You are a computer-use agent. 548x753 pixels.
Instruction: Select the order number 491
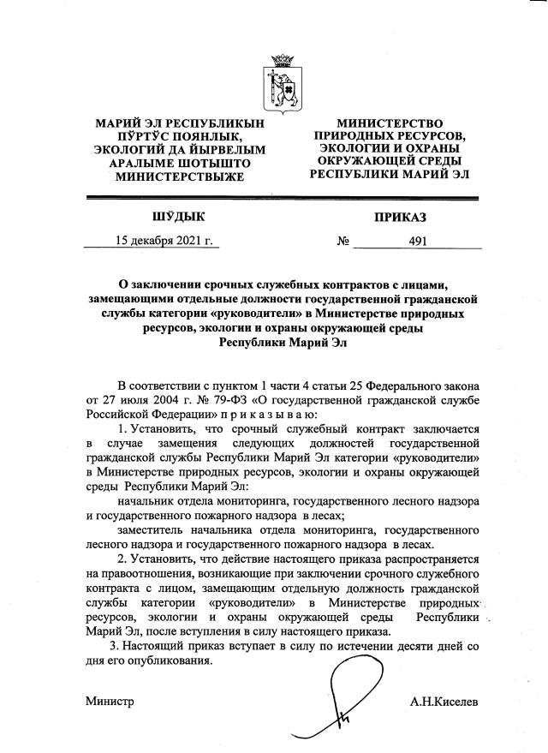coord(418,242)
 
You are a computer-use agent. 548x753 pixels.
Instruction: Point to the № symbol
coord(343,242)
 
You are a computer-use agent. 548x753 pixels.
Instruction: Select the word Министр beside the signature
coord(110,702)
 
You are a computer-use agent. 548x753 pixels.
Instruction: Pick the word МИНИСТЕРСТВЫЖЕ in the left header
coord(173,176)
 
